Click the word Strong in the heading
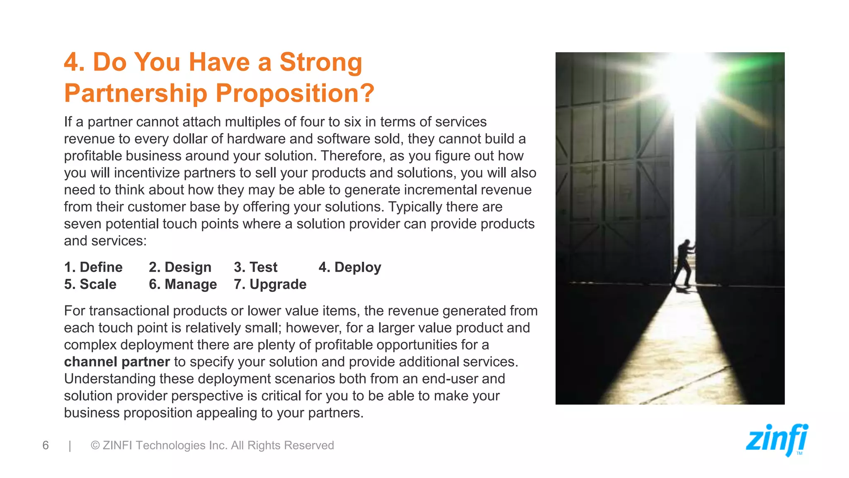click(320, 62)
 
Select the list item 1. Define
click(93, 267)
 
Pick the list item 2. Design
click(180, 267)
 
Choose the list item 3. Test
click(255, 267)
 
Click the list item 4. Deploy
click(349, 267)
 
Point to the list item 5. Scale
click(90, 284)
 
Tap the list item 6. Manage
click(183, 284)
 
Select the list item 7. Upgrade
click(270, 284)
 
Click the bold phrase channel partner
click(117, 362)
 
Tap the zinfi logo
click(776, 440)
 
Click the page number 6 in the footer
click(46, 445)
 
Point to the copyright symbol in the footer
click(95, 445)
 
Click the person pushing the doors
click(683, 263)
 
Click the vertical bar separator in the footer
click(70, 445)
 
